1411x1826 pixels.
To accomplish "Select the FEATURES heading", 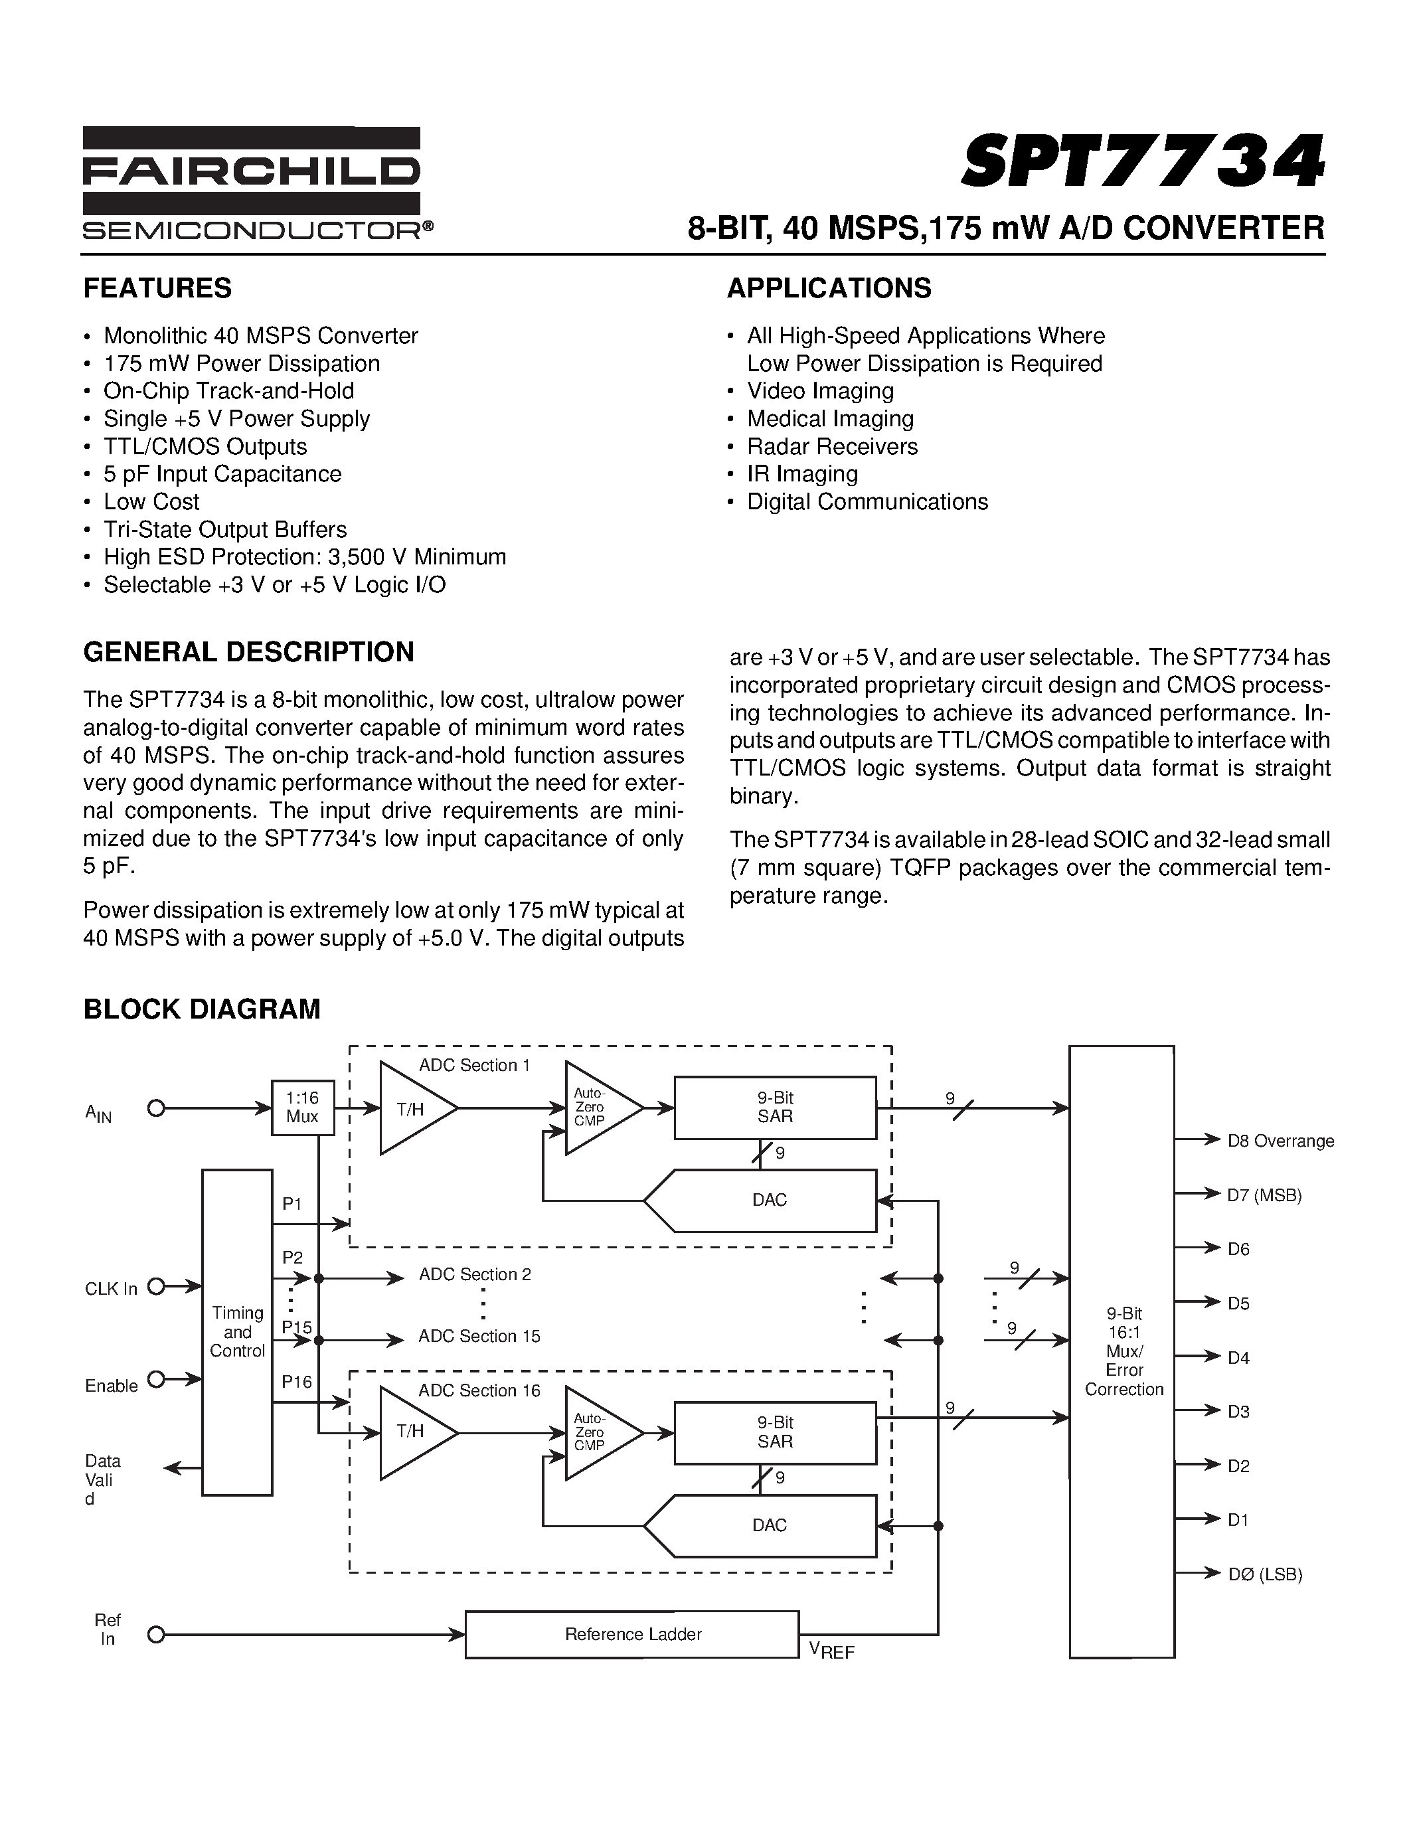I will click(157, 288).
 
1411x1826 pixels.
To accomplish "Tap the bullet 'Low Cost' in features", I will click(151, 501).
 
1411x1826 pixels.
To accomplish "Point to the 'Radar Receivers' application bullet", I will click(832, 446).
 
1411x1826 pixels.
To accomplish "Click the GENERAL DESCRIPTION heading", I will click(248, 652).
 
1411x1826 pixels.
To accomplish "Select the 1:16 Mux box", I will click(303, 1108).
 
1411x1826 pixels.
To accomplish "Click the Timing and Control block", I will click(238, 1332).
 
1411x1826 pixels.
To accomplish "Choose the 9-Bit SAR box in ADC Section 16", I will click(775, 1432).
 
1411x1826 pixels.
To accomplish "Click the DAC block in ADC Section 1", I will click(769, 1200).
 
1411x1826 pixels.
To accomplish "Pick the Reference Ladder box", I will click(632, 1633).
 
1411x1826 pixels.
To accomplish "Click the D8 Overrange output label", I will click(1280, 1141).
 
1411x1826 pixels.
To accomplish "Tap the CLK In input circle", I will click(155, 1287).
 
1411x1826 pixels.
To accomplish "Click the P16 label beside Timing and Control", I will click(297, 1381).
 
